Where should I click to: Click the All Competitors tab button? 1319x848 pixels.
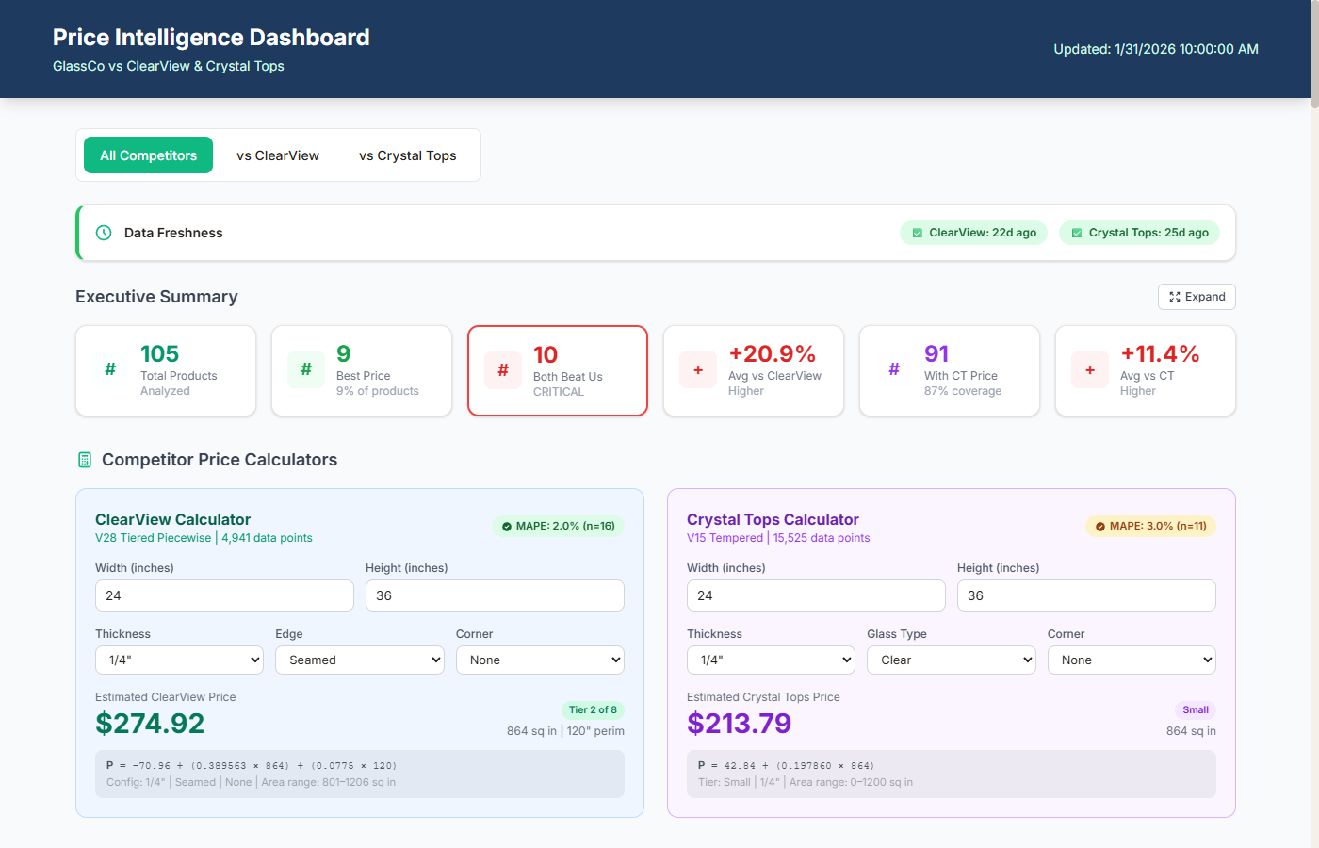tap(149, 155)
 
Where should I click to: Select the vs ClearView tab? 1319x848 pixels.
tap(278, 155)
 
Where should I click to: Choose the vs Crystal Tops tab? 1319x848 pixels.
tap(407, 155)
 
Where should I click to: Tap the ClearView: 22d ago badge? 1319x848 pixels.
tap(973, 233)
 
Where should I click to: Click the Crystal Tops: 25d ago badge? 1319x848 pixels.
tap(1139, 233)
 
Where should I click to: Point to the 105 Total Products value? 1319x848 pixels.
tap(159, 354)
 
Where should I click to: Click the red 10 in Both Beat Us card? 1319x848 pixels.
tap(546, 355)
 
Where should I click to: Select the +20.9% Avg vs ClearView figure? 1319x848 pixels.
tap(772, 354)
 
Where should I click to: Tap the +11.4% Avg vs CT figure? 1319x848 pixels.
tap(1159, 354)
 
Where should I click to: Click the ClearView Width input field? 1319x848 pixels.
tap(224, 595)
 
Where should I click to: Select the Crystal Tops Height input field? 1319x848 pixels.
tap(1086, 595)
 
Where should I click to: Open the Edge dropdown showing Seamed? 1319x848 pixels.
tap(360, 660)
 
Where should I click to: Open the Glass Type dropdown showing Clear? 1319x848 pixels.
tap(951, 660)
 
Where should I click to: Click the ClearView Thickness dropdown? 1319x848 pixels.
tap(179, 660)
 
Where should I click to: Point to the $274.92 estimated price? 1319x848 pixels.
tap(150, 724)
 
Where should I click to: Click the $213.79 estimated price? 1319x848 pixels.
tap(739, 724)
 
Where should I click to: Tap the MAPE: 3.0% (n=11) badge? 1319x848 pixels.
tap(1150, 526)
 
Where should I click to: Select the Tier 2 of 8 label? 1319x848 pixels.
tap(593, 709)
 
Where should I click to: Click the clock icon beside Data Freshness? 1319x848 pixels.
tap(104, 233)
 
